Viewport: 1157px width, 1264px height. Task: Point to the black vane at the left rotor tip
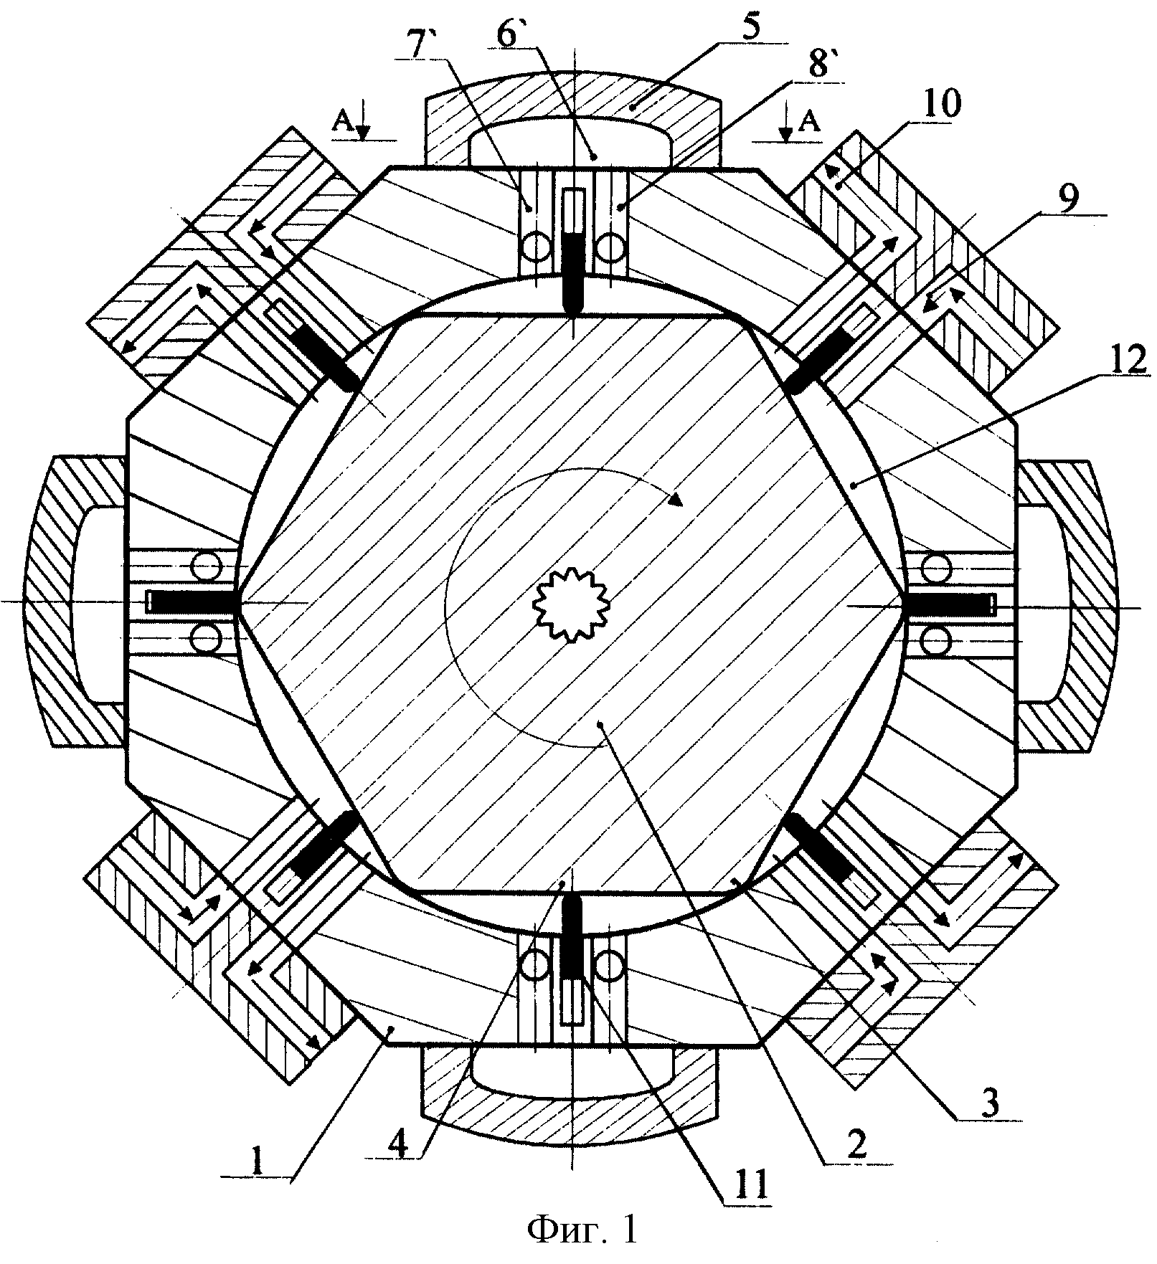[x=194, y=601]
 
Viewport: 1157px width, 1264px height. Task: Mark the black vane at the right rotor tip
[x=946, y=605]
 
